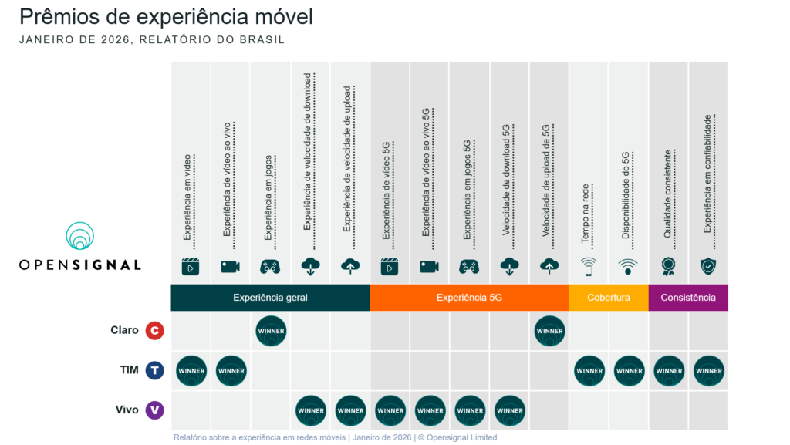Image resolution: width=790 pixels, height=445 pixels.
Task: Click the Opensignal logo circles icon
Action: click(79, 236)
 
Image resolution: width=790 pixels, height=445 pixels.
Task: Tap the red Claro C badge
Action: click(154, 331)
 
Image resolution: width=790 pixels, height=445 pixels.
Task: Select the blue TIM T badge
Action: click(155, 370)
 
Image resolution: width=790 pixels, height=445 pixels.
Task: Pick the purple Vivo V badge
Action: click(154, 410)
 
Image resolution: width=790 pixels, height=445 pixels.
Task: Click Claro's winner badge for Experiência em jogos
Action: click(271, 331)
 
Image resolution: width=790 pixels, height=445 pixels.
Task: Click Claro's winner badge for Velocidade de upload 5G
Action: click(549, 331)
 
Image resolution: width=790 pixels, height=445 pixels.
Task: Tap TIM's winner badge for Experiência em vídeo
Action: click(191, 370)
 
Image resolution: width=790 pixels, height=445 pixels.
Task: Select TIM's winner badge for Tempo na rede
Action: click(589, 370)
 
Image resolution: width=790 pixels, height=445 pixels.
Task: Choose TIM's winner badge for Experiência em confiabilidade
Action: click(708, 370)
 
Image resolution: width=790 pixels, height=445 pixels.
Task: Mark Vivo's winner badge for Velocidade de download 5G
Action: click(509, 410)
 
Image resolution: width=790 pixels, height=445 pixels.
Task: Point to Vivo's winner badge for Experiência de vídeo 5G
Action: click(390, 410)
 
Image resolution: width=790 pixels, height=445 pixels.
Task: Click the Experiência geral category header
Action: click(270, 298)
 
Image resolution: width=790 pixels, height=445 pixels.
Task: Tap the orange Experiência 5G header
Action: click(469, 298)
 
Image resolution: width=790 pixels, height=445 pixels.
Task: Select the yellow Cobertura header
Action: click(608, 298)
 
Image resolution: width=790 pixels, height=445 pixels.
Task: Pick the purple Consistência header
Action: click(688, 298)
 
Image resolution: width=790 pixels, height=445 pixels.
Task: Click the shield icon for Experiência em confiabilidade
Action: click(708, 266)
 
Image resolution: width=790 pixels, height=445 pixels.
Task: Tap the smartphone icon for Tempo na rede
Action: click(589, 266)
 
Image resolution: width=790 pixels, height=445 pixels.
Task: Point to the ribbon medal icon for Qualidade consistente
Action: click(668, 266)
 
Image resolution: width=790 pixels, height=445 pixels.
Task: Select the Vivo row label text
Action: click(127, 410)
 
